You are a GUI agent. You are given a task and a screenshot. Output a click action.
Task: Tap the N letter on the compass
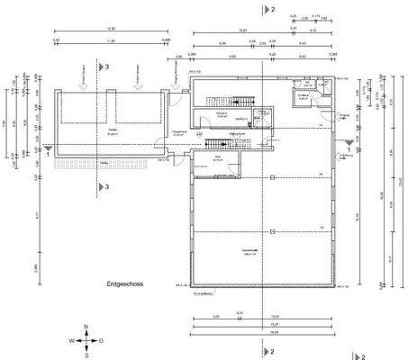pos(86,328)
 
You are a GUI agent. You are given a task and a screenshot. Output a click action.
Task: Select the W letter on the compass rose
pos(71,341)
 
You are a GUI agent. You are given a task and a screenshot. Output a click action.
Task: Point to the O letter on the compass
pos(101,341)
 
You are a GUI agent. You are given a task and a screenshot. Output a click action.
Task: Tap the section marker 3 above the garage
pos(106,67)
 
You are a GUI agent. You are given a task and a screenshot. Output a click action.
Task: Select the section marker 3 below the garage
pos(106,186)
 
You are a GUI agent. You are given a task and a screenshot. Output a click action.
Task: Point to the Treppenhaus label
pos(178,132)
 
